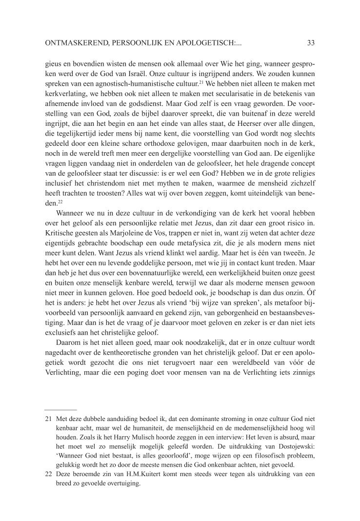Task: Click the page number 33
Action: [311, 43]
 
